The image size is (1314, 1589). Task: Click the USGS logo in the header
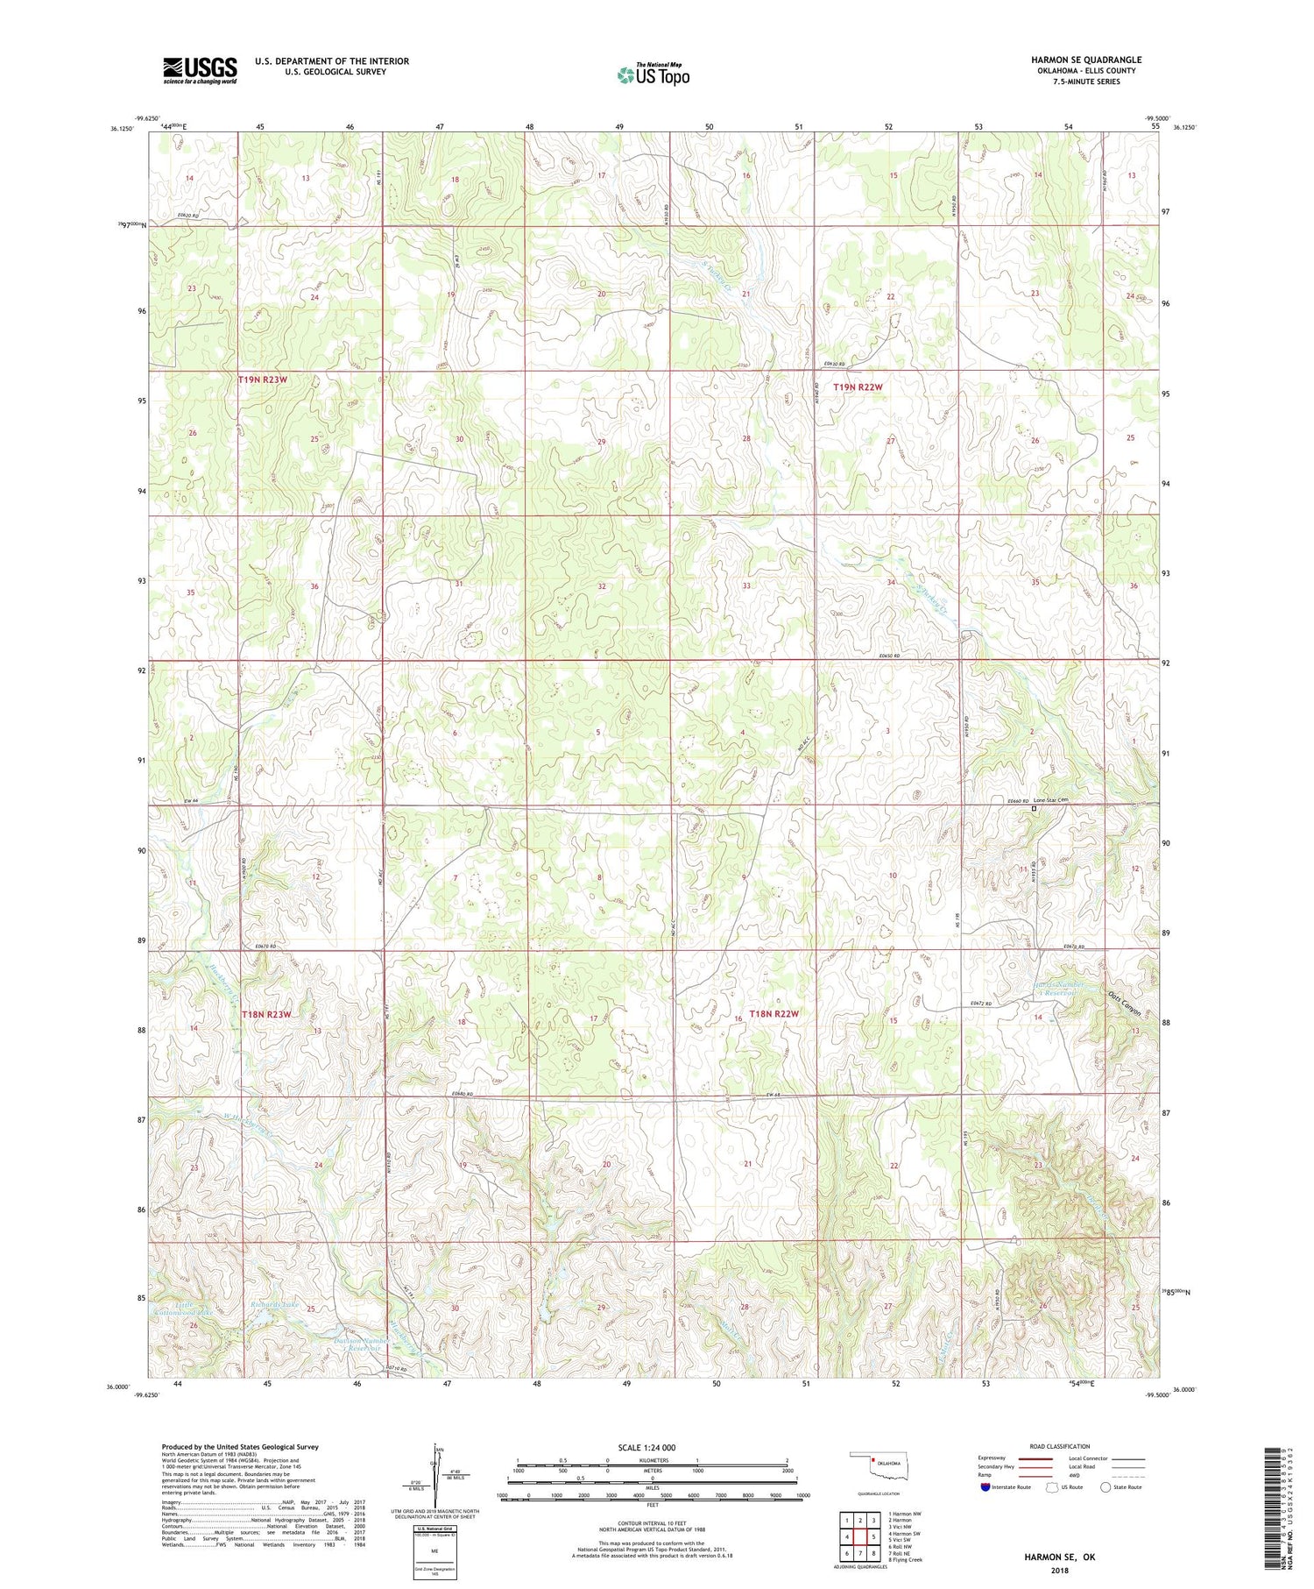click(200, 70)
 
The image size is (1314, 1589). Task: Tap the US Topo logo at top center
click(653, 75)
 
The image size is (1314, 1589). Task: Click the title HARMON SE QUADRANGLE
click(1085, 60)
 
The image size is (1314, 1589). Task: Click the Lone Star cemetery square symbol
click(1034, 809)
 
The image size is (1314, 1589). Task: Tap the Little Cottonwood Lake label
click(183, 1309)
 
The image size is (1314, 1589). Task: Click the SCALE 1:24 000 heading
click(646, 1447)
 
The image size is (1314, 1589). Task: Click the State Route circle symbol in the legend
click(1106, 1486)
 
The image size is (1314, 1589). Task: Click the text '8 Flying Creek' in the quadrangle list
click(905, 1559)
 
